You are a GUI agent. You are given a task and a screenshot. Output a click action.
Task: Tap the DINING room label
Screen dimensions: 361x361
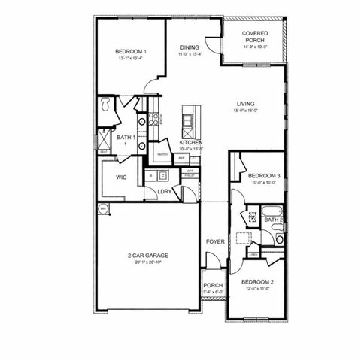coord(189,47)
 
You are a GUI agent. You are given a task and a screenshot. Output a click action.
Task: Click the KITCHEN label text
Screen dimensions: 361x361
coord(190,142)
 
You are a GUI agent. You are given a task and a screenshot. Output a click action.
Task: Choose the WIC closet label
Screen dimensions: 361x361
coord(120,177)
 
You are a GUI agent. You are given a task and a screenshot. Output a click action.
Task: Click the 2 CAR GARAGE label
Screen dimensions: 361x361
coord(147,256)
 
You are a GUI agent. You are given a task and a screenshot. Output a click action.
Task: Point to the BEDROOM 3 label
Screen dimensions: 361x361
coord(264,175)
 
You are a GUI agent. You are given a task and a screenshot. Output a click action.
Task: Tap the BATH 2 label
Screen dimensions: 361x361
coord(273,220)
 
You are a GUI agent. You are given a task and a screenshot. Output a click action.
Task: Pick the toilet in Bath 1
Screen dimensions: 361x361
coord(106,102)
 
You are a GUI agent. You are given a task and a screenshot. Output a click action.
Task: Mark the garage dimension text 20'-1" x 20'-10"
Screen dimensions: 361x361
coord(147,262)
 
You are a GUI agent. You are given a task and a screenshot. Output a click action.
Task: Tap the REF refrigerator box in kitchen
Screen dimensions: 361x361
coord(181,159)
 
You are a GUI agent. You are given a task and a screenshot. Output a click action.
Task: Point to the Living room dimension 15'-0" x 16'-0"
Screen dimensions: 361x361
coord(245,111)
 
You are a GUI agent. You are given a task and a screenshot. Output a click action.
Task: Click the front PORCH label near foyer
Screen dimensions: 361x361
coord(212,285)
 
